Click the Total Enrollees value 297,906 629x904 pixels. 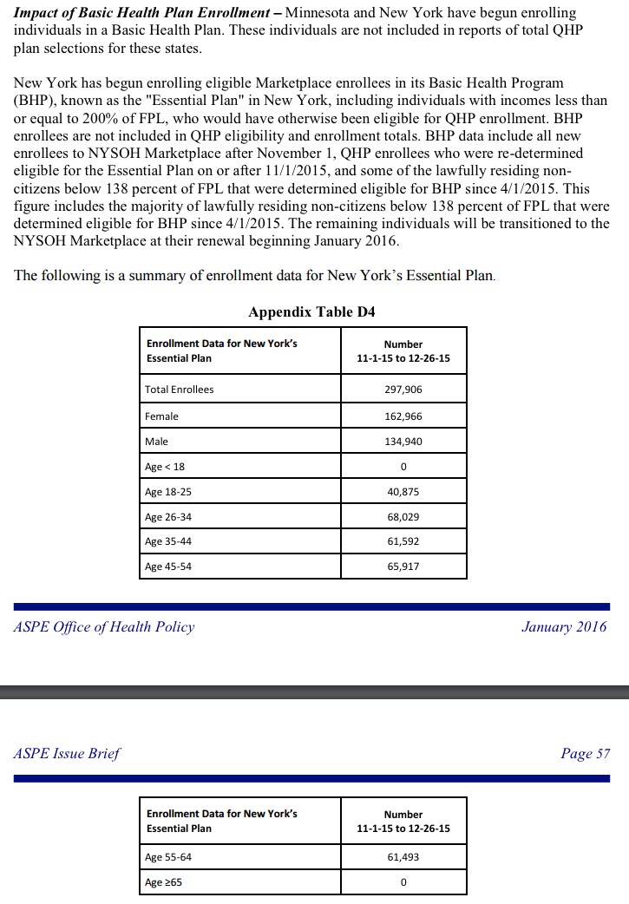point(403,390)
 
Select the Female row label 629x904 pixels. point(161,416)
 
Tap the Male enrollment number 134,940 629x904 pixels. point(403,442)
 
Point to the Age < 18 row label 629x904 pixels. point(165,467)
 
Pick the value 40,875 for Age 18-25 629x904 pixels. point(403,492)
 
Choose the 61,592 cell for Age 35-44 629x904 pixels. point(403,541)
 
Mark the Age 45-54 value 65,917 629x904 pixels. point(403,567)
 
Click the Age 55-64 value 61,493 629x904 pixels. point(403,857)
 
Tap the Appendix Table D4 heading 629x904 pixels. point(311,312)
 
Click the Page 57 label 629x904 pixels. point(585,753)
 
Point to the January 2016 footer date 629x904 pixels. point(564,626)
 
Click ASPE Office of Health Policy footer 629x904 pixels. point(104,626)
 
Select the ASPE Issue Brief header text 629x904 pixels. point(67,753)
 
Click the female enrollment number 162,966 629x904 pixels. point(403,416)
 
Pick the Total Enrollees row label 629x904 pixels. point(179,390)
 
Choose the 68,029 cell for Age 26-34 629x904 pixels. point(403,517)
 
